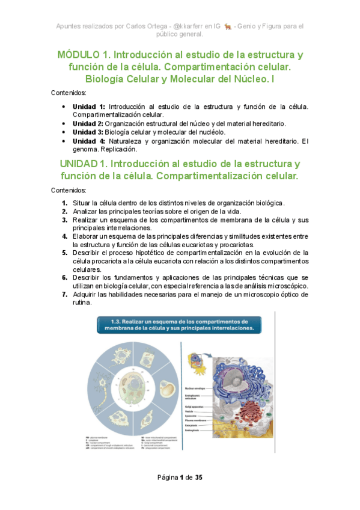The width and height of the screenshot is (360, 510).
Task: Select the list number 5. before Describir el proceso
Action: coord(64,253)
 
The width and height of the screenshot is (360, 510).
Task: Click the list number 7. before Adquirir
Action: coord(64,295)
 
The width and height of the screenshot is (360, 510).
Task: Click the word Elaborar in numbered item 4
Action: coord(88,236)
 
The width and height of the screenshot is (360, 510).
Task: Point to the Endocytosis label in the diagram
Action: coord(194,431)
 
